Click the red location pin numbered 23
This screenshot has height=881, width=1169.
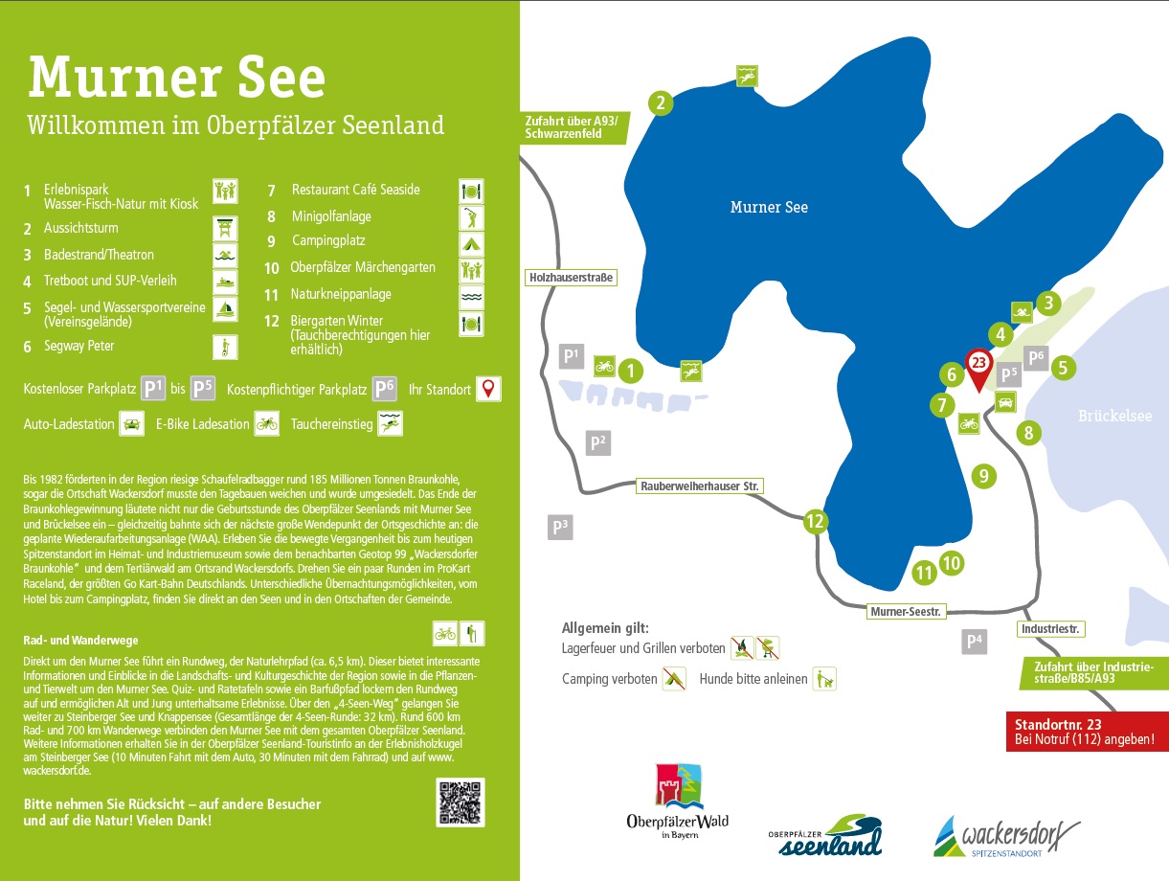click(x=978, y=369)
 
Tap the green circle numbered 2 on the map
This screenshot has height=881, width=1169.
click(x=661, y=102)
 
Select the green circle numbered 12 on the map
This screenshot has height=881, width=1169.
click(x=816, y=521)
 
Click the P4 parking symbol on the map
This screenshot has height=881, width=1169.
click(x=974, y=641)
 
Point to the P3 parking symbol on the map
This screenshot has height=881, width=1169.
click(x=560, y=528)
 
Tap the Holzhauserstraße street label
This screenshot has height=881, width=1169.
click(x=571, y=278)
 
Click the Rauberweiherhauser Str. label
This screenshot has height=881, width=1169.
click(x=700, y=486)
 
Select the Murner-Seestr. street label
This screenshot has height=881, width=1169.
click(x=906, y=612)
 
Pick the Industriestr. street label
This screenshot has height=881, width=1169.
click(x=1051, y=629)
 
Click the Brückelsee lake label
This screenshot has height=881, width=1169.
click(x=1114, y=416)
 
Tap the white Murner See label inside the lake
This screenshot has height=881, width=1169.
click(x=769, y=207)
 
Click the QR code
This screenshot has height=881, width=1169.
click(x=461, y=802)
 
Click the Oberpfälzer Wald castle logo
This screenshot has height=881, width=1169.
click(x=678, y=802)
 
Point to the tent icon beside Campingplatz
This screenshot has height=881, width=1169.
click(x=471, y=244)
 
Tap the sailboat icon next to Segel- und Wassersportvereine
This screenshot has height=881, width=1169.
click(x=225, y=309)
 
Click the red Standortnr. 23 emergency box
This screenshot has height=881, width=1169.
click(x=1087, y=732)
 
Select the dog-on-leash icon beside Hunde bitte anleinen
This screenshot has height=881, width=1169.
click(x=824, y=679)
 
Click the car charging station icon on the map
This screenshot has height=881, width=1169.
click(x=1005, y=402)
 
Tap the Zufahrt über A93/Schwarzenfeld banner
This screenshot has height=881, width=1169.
click(x=574, y=127)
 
